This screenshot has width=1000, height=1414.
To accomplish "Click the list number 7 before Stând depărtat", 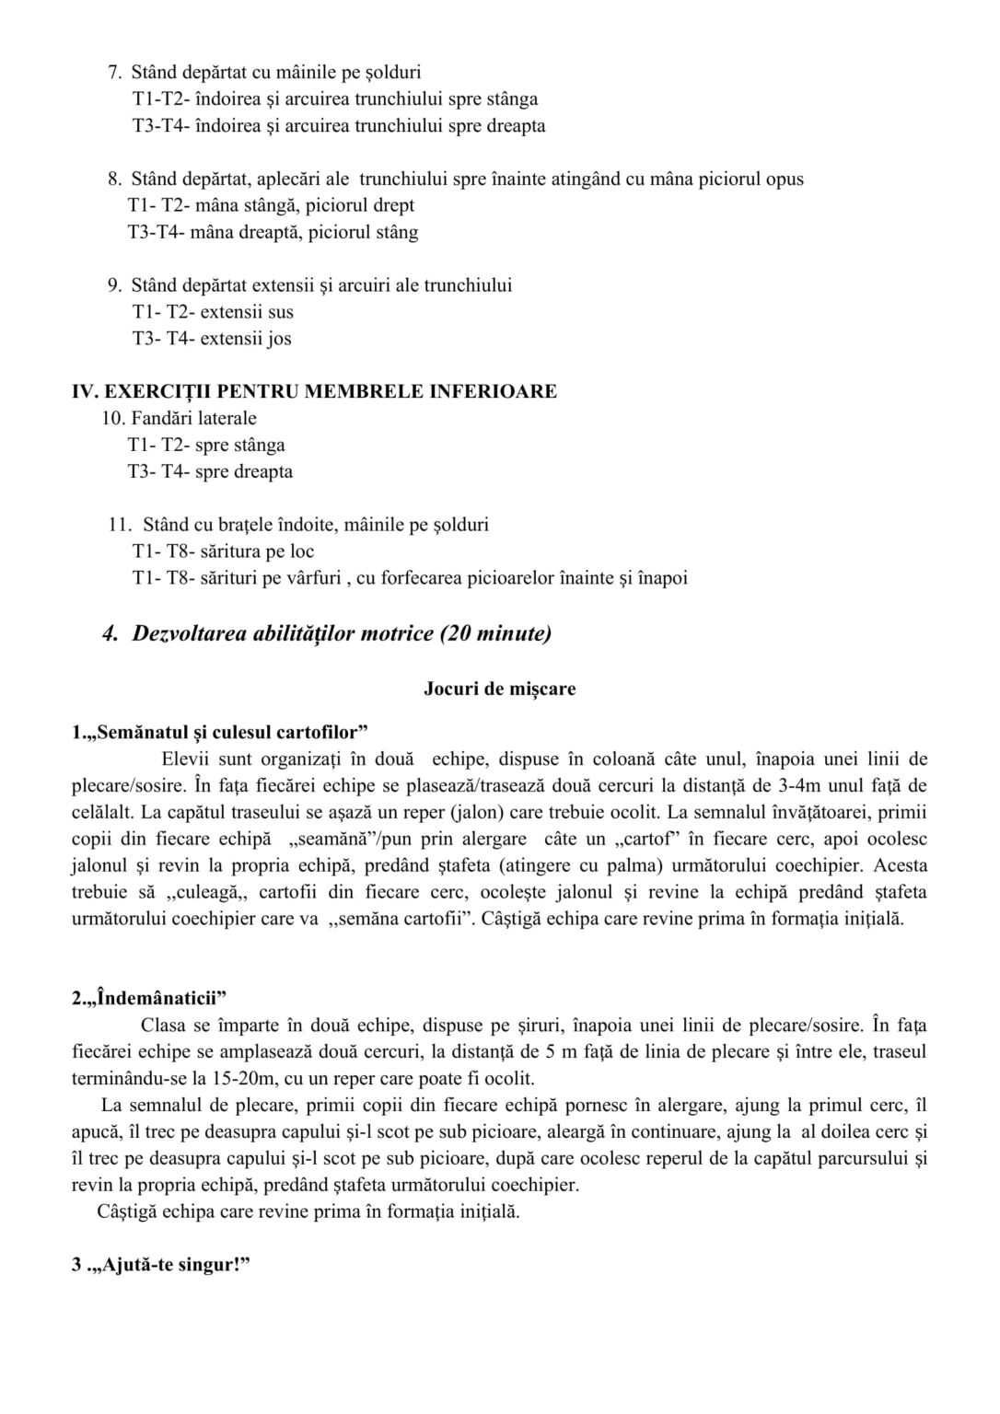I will (x=115, y=71).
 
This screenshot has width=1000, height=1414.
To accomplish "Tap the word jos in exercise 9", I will (x=279, y=339).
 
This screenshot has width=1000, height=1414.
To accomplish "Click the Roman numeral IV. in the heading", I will (x=86, y=391).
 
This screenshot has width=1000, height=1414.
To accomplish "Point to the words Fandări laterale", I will (x=193, y=419).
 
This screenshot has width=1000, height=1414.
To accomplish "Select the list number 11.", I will (x=119, y=526).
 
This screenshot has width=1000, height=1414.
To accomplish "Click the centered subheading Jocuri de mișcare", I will (x=500, y=689).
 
